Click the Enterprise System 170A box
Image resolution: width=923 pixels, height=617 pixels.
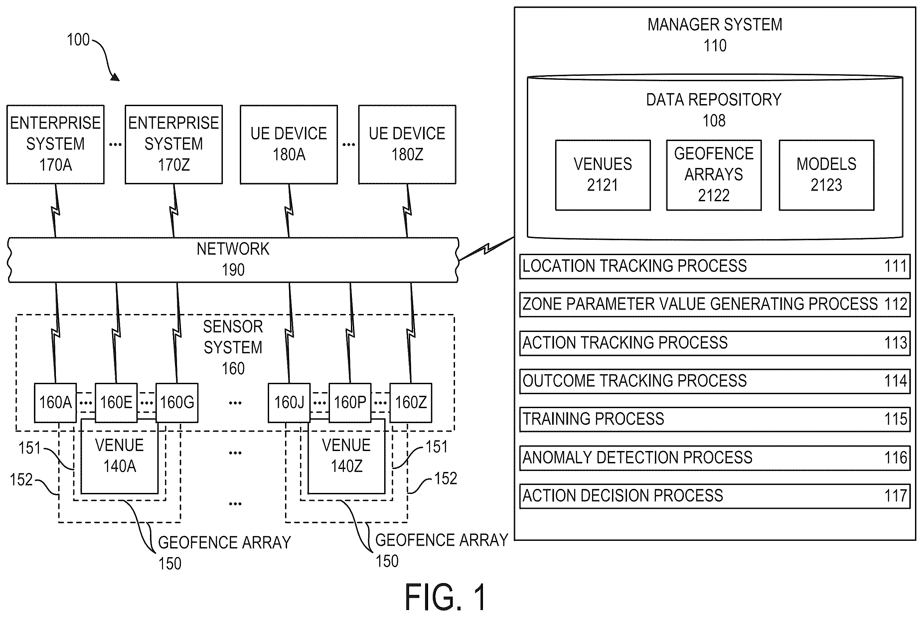click(56, 144)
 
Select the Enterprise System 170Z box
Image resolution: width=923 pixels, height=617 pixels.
click(174, 144)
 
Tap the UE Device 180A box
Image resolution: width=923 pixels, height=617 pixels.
click(289, 144)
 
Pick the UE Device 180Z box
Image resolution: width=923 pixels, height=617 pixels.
click(407, 144)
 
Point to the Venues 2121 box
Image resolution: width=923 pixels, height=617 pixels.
click(603, 175)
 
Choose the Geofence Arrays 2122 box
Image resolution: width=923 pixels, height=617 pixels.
click(714, 175)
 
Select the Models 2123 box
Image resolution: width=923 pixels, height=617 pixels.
click(826, 175)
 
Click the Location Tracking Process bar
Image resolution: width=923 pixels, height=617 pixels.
click(715, 266)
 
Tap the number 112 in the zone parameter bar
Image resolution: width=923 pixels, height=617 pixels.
click(896, 304)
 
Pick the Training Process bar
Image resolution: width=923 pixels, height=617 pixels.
click(715, 419)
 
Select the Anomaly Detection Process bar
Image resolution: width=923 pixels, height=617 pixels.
click(715, 458)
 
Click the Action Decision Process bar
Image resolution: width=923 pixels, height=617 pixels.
click(715, 496)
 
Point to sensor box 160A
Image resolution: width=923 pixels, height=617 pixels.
click(56, 402)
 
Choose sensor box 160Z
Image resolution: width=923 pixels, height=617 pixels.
click(411, 402)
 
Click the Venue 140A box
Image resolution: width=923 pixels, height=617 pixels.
click(120, 456)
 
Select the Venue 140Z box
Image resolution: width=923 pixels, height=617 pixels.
click(346, 456)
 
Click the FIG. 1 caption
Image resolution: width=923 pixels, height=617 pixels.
click(445, 597)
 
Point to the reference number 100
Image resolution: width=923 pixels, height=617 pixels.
click(78, 40)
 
